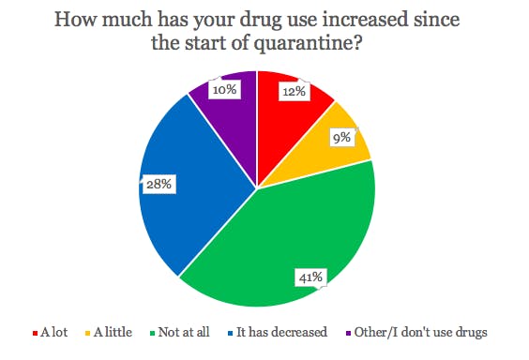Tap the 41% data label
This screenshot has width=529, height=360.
click(310, 277)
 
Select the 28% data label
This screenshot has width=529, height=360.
click(157, 185)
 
